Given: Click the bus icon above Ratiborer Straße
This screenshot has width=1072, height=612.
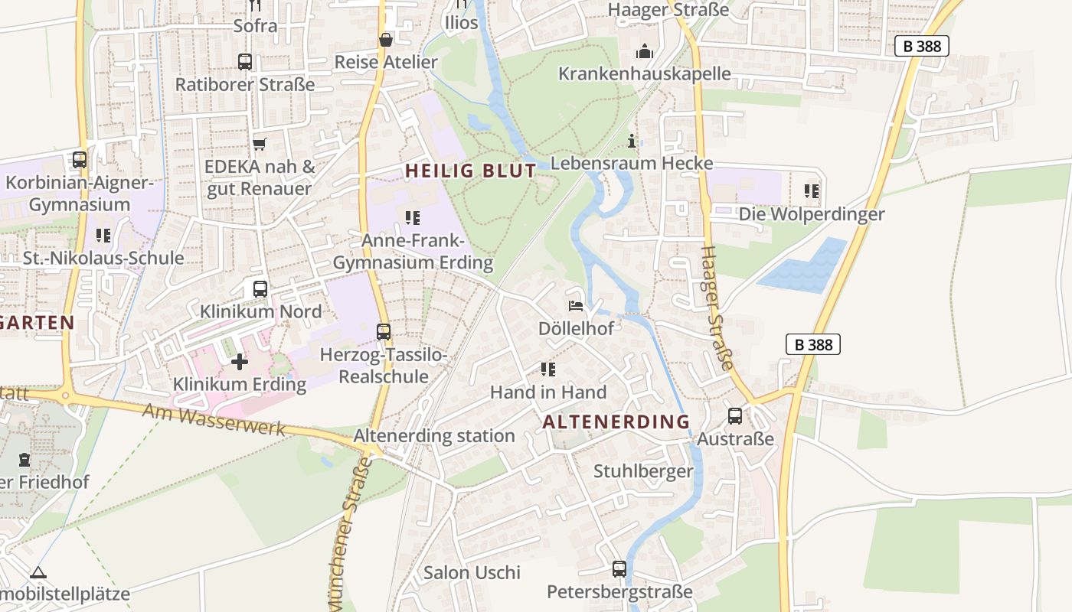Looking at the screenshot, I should point(245,62).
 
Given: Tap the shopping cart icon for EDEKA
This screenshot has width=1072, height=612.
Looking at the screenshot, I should point(260,144).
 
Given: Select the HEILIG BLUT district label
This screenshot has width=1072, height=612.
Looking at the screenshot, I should point(470,171).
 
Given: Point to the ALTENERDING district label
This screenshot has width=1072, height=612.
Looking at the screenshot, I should point(616,422).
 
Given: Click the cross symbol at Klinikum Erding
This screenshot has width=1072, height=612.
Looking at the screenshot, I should point(240,362).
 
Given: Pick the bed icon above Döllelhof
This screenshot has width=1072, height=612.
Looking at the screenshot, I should point(576,306).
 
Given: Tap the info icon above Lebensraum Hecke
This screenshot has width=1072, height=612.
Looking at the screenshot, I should point(632,141).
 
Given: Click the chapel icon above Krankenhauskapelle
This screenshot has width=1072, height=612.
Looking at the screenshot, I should point(645,51).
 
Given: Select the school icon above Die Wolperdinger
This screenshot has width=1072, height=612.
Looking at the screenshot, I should point(812,191).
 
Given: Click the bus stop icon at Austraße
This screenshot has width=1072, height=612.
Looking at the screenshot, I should point(735,416).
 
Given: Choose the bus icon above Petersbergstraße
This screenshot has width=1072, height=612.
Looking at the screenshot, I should point(619,569).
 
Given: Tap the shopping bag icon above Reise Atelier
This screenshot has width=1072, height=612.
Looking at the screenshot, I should point(386,39).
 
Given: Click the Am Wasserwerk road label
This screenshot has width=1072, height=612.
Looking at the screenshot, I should point(214,420).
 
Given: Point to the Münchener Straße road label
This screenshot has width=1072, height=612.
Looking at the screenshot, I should point(349,535).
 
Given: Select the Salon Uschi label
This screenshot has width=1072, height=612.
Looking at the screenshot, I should point(472,572).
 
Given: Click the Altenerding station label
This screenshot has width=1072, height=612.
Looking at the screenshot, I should point(434,436).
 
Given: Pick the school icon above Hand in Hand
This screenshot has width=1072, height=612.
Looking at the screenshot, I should point(548,369).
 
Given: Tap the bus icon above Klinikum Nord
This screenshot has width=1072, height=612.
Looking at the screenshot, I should point(260,289).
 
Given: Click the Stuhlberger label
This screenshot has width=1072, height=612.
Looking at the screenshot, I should point(643,471).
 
